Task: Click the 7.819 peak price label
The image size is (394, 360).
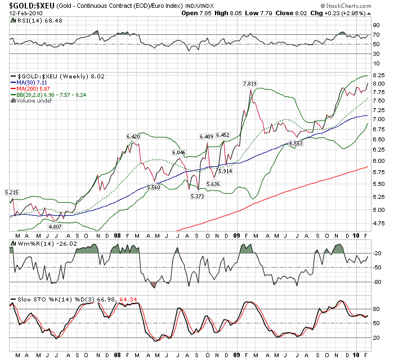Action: [x=249, y=83]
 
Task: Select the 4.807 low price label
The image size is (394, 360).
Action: [x=55, y=226]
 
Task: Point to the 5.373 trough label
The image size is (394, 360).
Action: [x=197, y=195]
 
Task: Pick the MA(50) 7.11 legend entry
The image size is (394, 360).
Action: [x=32, y=83]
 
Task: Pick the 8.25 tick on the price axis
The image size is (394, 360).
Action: [x=379, y=75]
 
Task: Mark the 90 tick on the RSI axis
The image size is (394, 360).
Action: [x=376, y=25]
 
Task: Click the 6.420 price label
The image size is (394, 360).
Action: [x=133, y=136]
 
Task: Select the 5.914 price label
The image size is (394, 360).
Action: [x=225, y=171]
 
